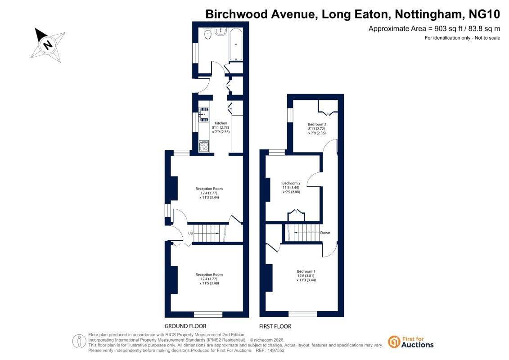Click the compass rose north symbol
coord(48,45)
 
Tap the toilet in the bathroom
coord(208,33)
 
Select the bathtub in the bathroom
coord(236,44)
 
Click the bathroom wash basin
coord(221,31)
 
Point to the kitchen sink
coord(204,115)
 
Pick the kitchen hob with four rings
coord(204,146)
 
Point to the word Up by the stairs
coord(190,233)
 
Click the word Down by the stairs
coord(325,233)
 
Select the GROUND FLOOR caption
coord(185,326)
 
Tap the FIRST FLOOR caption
coord(275,326)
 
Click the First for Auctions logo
coord(410,342)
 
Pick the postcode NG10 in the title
coord(484,14)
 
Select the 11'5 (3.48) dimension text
coord(209,283)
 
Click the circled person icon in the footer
coord(79,342)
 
